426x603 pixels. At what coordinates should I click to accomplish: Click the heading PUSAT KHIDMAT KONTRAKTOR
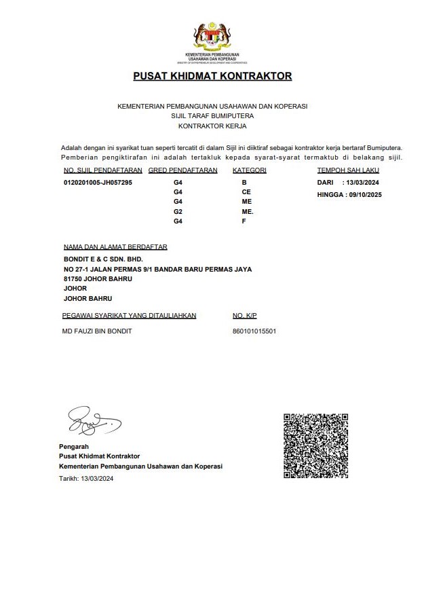click(212, 76)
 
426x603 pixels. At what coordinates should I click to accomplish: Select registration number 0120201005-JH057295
click(98, 183)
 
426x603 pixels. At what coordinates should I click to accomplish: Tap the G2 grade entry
click(178, 212)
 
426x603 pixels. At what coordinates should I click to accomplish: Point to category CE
click(246, 192)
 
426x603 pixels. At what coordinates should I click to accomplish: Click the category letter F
click(244, 221)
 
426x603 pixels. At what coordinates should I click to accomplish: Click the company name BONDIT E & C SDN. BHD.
click(103, 259)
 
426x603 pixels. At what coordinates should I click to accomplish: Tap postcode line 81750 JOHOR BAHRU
click(97, 278)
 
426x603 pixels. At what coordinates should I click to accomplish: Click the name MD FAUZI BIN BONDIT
click(96, 331)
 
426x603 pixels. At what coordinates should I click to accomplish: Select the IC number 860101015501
click(254, 331)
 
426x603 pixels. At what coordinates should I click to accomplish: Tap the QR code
click(315, 445)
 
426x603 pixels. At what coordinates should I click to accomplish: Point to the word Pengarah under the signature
click(74, 446)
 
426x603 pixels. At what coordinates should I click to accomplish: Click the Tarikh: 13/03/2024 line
click(86, 479)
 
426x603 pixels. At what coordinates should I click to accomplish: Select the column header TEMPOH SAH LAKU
click(348, 170)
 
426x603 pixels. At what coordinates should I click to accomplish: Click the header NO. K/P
click(245, 316)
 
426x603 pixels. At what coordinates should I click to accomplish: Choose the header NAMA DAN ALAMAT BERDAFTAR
click(115, 247)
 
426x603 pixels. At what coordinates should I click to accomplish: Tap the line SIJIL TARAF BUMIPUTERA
click(212, 116)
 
